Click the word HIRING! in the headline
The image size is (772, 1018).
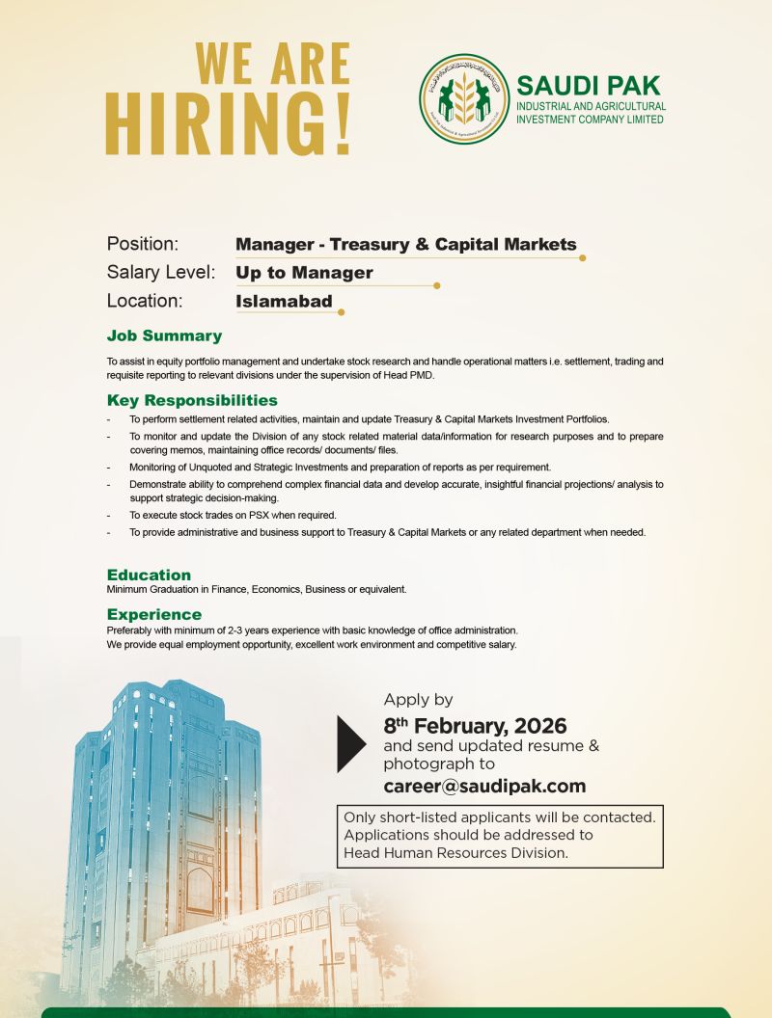[228, 122]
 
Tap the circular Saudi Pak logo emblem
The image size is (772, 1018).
[463, 99]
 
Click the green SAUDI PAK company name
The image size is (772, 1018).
[589, 85]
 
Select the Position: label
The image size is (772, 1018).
[143, 244]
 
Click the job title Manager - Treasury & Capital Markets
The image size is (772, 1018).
[405, 244]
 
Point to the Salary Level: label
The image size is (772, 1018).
[160, 273]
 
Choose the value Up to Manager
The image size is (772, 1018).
[304, 273]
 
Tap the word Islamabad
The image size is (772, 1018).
[284, 301]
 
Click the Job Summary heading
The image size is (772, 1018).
[164, 336]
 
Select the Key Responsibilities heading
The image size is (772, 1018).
[192, 400]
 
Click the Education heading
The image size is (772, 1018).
[149, 575]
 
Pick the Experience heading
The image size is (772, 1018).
[154, 614]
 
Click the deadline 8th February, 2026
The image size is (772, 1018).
[475, 725]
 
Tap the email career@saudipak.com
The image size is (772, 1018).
[484, 786]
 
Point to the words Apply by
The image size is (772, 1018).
[418, 700]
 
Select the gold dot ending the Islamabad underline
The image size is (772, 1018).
[341, 312]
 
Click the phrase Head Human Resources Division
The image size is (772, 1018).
[455, 852]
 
